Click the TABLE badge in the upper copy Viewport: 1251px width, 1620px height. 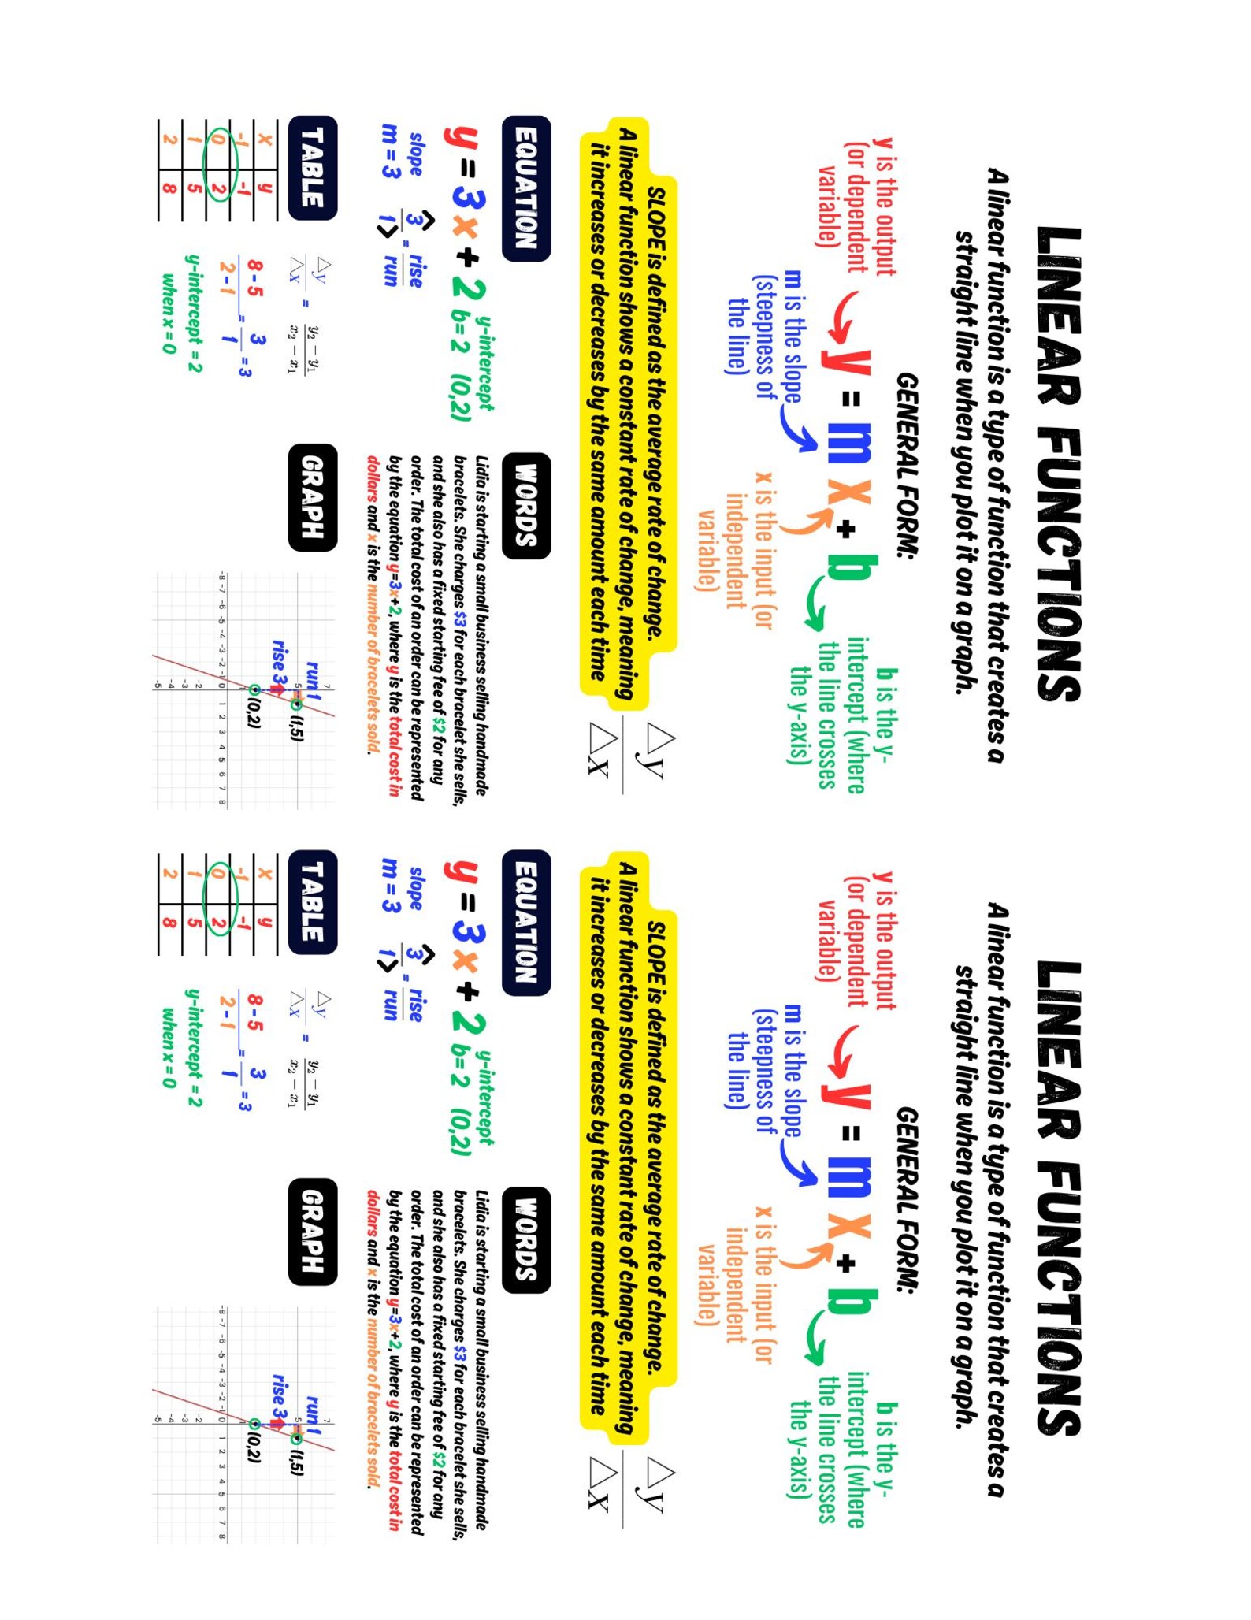tap(313, 167)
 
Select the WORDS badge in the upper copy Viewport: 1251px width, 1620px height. tap(525, 505)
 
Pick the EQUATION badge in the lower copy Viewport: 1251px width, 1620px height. tap(525, 922)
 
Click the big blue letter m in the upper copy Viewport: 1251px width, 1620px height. tap(849, 444)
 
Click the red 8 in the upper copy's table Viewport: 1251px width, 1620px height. tap(169, 188)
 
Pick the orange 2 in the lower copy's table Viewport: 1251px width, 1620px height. tap(169, 872)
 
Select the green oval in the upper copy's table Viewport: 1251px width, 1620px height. tap(220, 165)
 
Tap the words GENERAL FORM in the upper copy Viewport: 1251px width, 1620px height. tap(908, 465)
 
